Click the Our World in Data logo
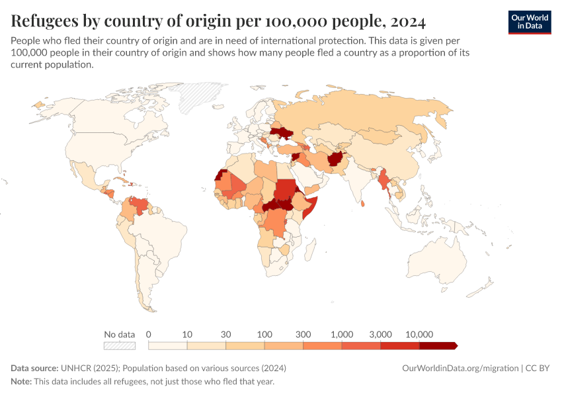coord(529,22)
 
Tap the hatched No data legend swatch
coord(119,345)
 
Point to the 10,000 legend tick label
coord(419,334)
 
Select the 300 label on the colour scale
coord(303,334)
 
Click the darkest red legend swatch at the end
coord(438,345)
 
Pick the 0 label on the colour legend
coord(149,334)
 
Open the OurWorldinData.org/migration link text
coord(460,368)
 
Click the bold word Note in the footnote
coord(22,382)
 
